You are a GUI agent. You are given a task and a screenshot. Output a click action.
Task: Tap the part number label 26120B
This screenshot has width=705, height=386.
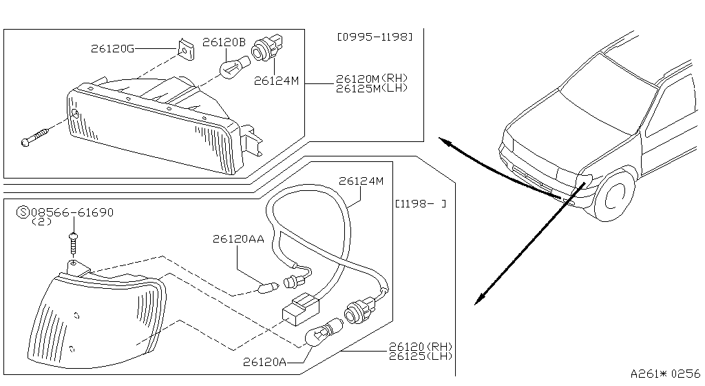coord(224,43)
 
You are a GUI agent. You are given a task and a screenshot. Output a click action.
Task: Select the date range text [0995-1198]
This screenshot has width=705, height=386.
coord(375,37)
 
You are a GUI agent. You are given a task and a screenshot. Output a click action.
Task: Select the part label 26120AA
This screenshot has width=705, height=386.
coord(238,239)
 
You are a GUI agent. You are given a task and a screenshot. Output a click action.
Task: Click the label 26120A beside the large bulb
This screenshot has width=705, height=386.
coord(265,362)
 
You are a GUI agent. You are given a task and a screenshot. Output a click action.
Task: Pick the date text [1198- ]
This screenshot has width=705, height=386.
coord(421,204)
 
